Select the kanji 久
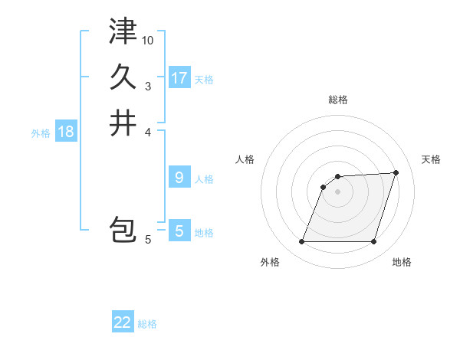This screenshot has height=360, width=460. [x=123, y=77]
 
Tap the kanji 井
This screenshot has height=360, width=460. [x=123, y=123]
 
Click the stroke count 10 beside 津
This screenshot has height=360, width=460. [x=148, y=40]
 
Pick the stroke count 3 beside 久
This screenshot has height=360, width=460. [x=148, y=86]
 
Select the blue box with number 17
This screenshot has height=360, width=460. [x=179, y=77]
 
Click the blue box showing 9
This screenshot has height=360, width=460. [x=179, y=178]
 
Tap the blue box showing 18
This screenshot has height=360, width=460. [x=66, y=132]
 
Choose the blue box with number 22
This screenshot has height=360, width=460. [x=123, y=322]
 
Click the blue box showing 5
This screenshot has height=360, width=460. [x=179, y=231]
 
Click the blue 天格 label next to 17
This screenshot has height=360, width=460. [x=204, y=79]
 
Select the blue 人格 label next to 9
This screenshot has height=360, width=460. [x=204, y=179]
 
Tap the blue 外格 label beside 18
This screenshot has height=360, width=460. [x=41, y=133]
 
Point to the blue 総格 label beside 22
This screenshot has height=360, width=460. [x=147, y=324]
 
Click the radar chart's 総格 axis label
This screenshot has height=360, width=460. [x=338, y=100]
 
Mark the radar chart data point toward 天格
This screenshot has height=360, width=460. [x=396, y=172]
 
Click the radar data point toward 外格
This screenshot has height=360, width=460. [x=302, y=242]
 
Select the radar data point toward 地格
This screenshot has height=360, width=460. [x=374, y=242]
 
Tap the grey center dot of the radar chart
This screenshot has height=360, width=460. [x=338, y=191]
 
